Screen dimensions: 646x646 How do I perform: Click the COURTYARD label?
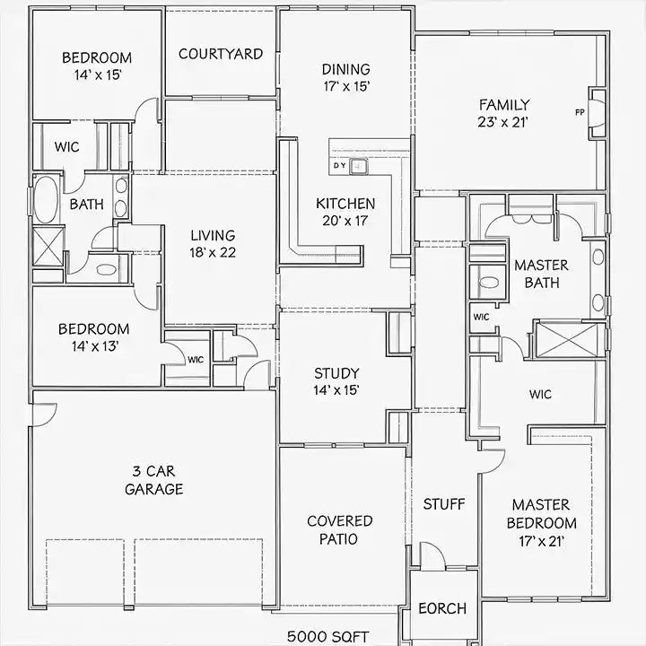click(221, 54)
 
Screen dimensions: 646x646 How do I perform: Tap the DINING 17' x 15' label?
click(346, 77)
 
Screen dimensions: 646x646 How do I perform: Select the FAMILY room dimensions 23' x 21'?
click(503, 122)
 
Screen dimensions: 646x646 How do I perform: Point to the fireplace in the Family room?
click(597, 113)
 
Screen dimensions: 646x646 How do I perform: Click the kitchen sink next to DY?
click(358, 167)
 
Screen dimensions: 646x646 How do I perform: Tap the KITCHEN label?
click(345, 204)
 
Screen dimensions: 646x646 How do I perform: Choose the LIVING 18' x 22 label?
click(213, 243)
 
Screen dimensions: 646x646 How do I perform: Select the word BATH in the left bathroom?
click(86, 204)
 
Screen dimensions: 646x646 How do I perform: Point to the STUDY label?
click(336, 373)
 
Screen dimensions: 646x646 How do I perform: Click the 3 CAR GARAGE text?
click(154, 480)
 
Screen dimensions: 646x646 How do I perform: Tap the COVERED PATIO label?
click(339, 530)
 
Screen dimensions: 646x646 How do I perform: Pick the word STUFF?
click(444, 504)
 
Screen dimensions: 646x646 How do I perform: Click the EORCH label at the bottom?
click(442, 608)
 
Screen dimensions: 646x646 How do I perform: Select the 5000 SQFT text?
click(328, 636)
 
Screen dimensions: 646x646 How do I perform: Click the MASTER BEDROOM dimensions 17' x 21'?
click(541, 541)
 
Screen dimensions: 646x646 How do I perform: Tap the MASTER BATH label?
click(541, 274)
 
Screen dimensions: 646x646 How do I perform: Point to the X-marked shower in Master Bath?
click(567, 340)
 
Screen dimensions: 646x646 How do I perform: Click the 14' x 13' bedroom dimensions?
click(95, 346)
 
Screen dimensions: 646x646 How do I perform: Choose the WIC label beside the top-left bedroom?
click(66, 146)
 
